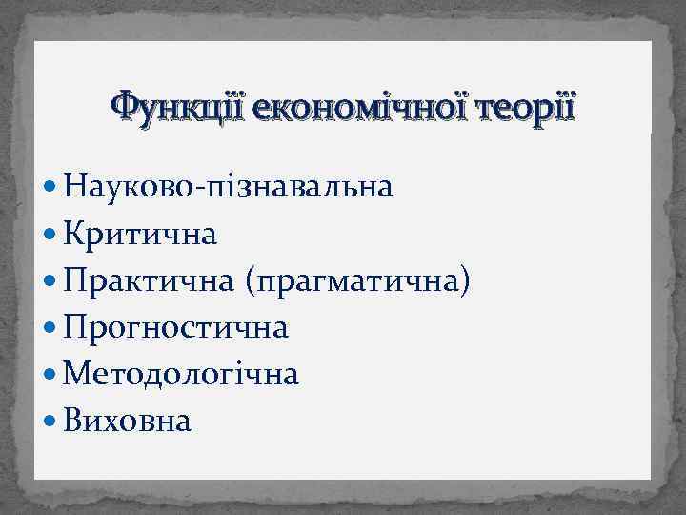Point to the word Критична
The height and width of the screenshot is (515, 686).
141,234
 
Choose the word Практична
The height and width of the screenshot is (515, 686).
151,280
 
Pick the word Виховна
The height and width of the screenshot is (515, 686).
128,421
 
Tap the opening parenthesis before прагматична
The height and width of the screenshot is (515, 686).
251,281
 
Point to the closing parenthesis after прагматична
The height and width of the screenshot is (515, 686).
466,281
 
